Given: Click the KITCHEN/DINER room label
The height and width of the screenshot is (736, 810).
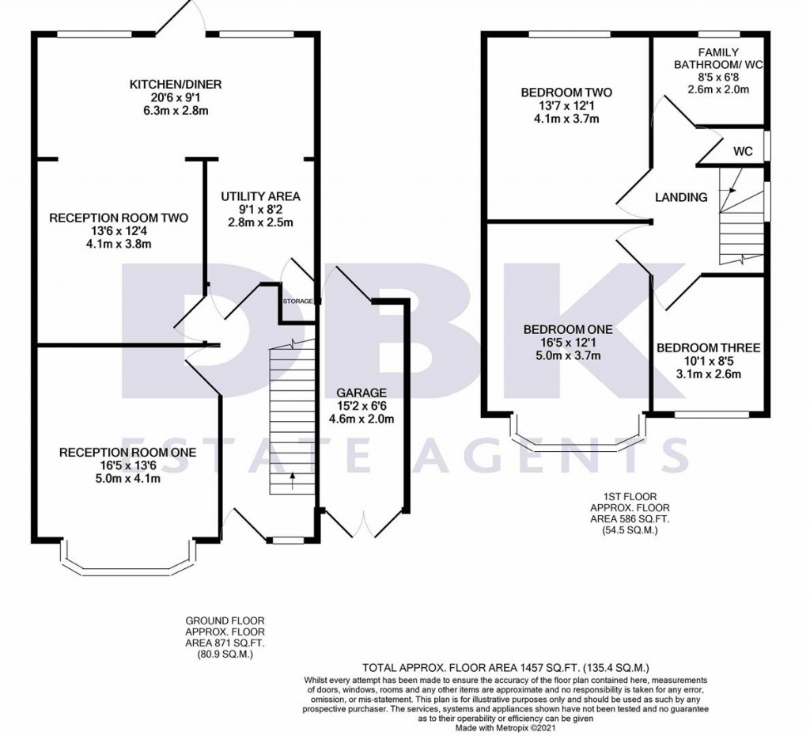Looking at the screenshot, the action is click(x=175, y=84).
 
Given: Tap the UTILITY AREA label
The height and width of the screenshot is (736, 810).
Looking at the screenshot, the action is click(x=260, y=196).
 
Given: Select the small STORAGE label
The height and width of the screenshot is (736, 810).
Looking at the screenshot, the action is click(x=297, y=301).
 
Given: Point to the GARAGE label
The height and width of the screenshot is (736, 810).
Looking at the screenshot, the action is click(x=361, y=393).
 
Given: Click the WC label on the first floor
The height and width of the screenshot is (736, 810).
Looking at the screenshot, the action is click(x=743, y=151).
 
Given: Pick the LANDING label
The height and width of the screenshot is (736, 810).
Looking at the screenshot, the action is click(x=681, y=197).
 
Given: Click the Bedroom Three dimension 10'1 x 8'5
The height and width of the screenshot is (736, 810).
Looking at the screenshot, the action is click(x=708, y=361).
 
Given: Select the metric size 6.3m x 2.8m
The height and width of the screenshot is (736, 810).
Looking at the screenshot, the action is click(x=175, y=111).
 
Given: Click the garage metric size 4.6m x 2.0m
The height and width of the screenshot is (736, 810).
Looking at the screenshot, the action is click(x=361, y=419).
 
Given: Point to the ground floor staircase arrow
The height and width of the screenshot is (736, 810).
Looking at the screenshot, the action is click(x=293, y=480).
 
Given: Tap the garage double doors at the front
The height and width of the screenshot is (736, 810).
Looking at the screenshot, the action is click(x=364, y=522).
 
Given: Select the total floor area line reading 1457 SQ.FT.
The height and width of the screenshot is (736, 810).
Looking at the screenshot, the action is click(x=505, y=667).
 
